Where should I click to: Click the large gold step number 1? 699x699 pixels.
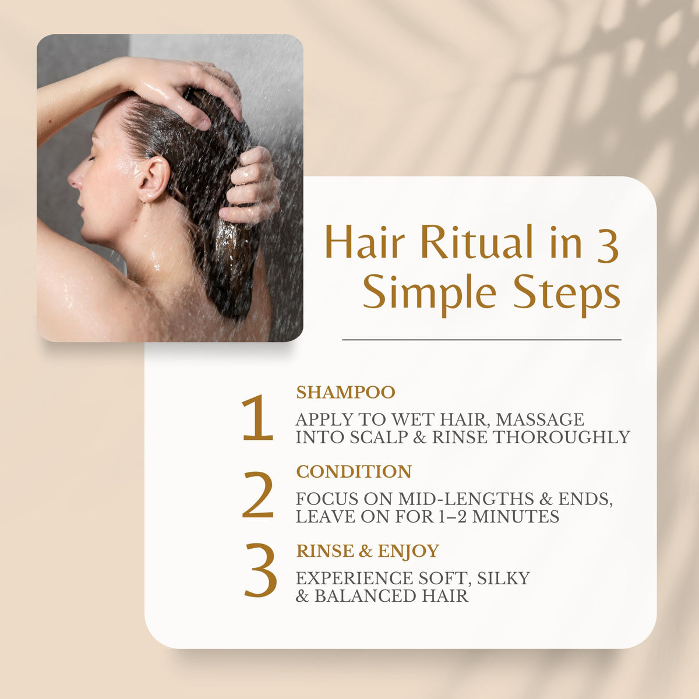click(x=257, y=418)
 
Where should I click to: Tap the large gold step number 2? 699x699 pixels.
click(x=257, y=494)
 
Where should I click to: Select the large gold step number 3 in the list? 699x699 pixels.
click(x=260, y=571)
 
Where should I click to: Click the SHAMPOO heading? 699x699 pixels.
click(x=345, y=393)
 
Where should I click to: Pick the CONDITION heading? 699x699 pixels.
click(x=354, y=472)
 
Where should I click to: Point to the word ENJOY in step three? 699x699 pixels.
click(x=408, y=552)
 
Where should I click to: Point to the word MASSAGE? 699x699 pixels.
click(x=540, y=419)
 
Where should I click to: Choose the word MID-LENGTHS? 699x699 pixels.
click(x=466, y=499)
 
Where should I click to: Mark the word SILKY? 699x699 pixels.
click(x=503, y=578)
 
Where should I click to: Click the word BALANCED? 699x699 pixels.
click(x=365, y=596)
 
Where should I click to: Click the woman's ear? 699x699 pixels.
click(x=154, y=178)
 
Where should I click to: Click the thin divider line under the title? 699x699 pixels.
click(x=482, y=340)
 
